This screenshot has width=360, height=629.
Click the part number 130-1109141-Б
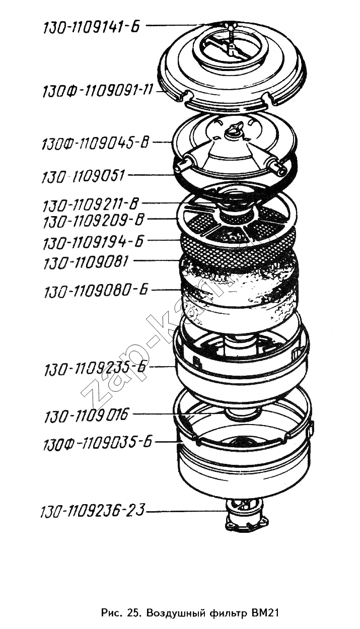[92, 28]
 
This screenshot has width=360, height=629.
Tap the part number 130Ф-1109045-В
[95, 143]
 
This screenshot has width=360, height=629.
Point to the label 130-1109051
[83, 176]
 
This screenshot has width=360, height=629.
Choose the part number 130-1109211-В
[91, 204]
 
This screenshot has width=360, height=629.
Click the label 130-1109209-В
[93, 221]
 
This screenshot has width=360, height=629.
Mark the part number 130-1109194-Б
[93, 242]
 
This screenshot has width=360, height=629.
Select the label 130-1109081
[86, 262]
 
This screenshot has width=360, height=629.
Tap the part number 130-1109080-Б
[96, 290]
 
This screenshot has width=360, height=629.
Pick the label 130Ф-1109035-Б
[97, 443]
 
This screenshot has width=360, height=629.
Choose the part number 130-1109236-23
[93, 510]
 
